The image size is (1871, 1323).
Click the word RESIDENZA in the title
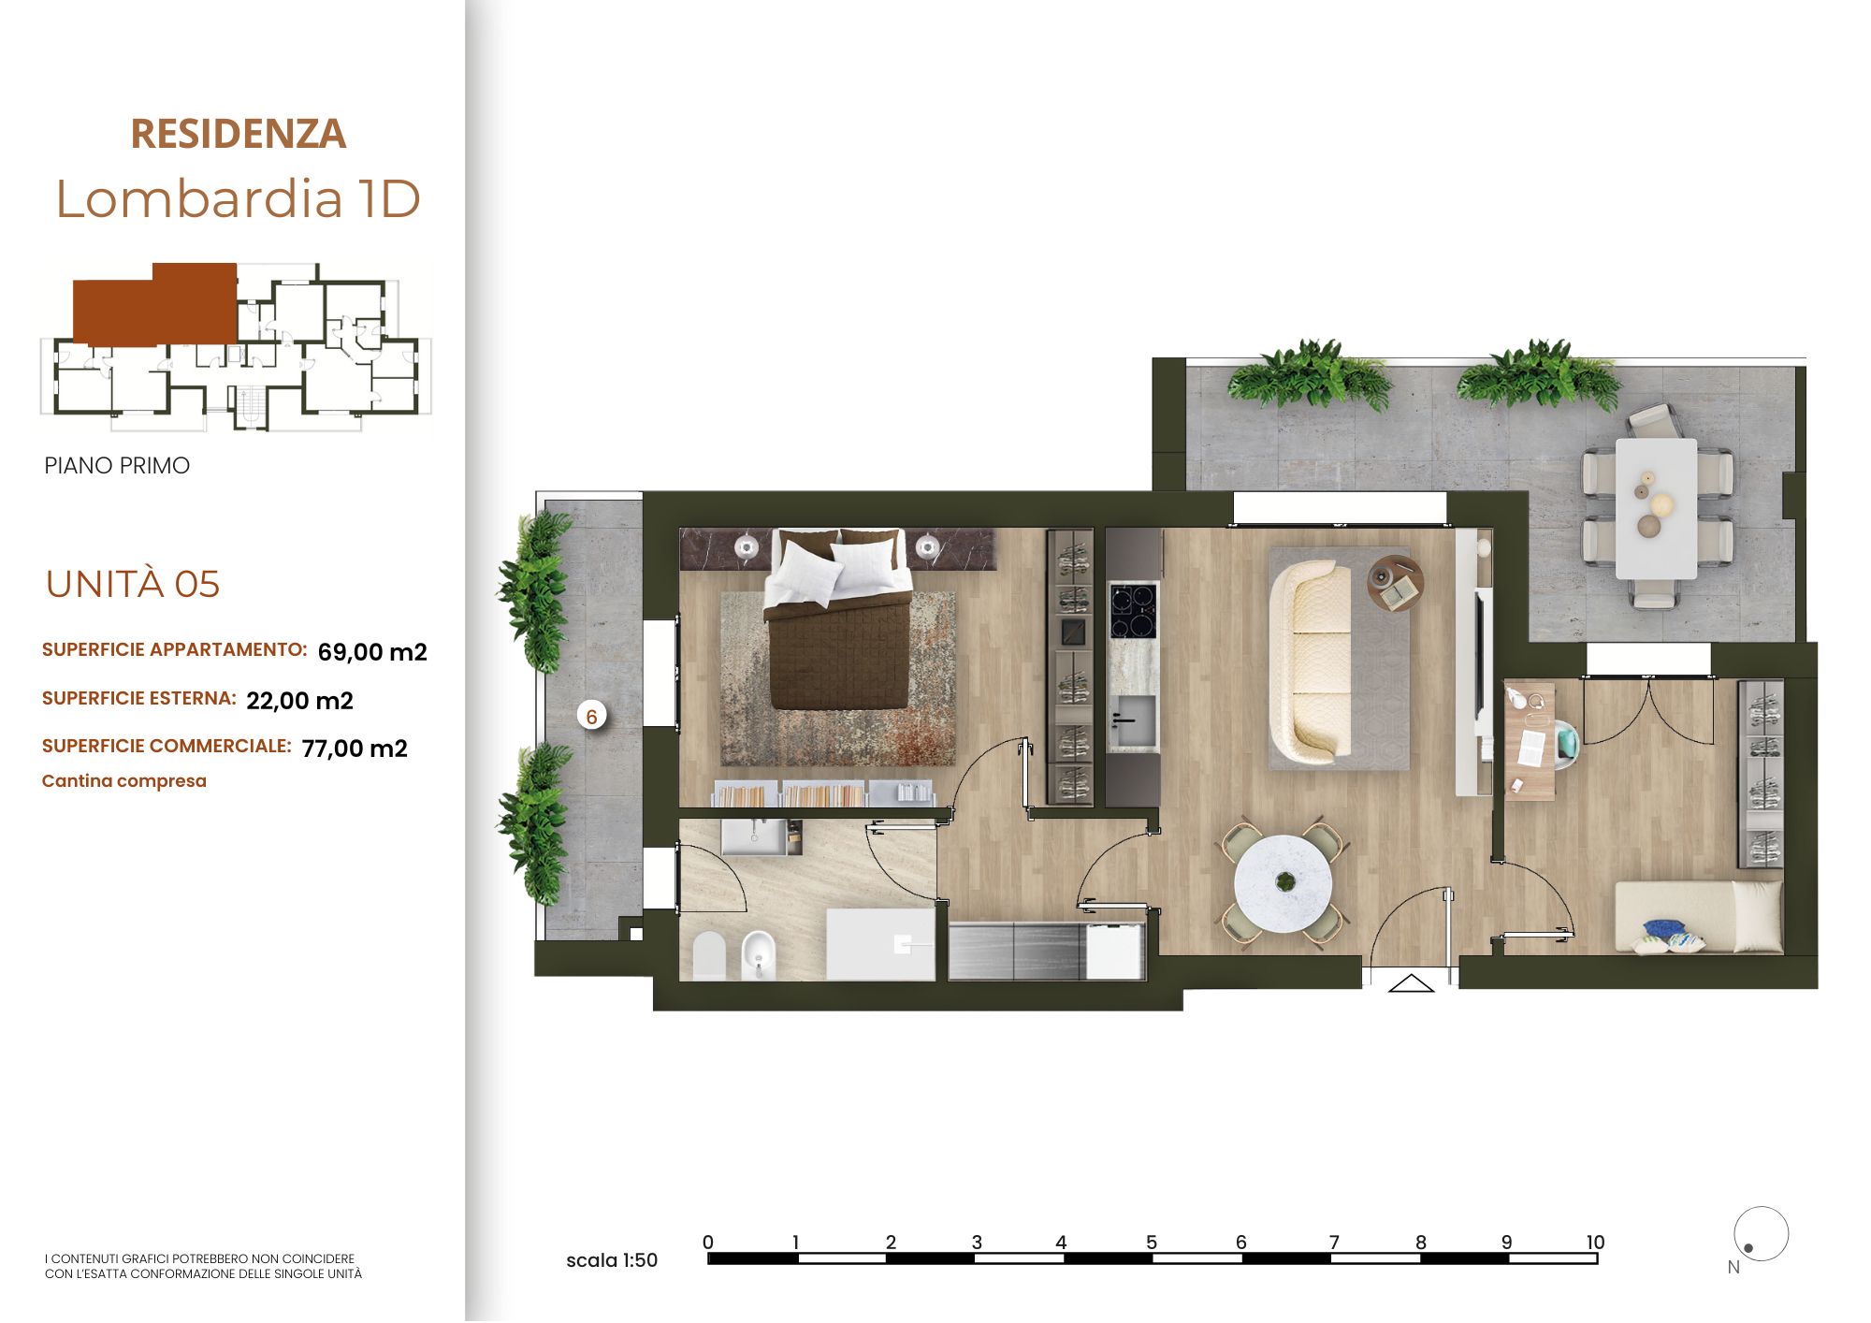[x=238, y=134]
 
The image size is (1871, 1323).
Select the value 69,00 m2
[x=372, y=652]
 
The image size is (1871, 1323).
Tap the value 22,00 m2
[x=299, y=701]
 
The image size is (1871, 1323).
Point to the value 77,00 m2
[x=355, y=749]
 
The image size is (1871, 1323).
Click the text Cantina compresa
[x=124, y=781]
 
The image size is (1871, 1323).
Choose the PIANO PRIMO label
[x=117, y=466]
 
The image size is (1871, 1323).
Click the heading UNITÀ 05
[x=133, y=585]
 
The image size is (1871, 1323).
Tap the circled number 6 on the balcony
[x=591, y=717]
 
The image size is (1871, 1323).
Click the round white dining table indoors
[x=1284, y=884]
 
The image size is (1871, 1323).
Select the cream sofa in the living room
[x=1310, y=661]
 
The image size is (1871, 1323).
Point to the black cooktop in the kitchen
[x=1133, y=610]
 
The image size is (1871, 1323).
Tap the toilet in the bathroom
[x=709, y=954]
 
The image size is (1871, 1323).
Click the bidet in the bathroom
[x=759, y=954]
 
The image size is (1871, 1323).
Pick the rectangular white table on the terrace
[x=1656, y=509]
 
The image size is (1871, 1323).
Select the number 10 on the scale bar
[x=1595, y=1243]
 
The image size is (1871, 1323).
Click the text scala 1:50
[x=612, y=1260]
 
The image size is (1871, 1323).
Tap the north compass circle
[x=1761, y=1234]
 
